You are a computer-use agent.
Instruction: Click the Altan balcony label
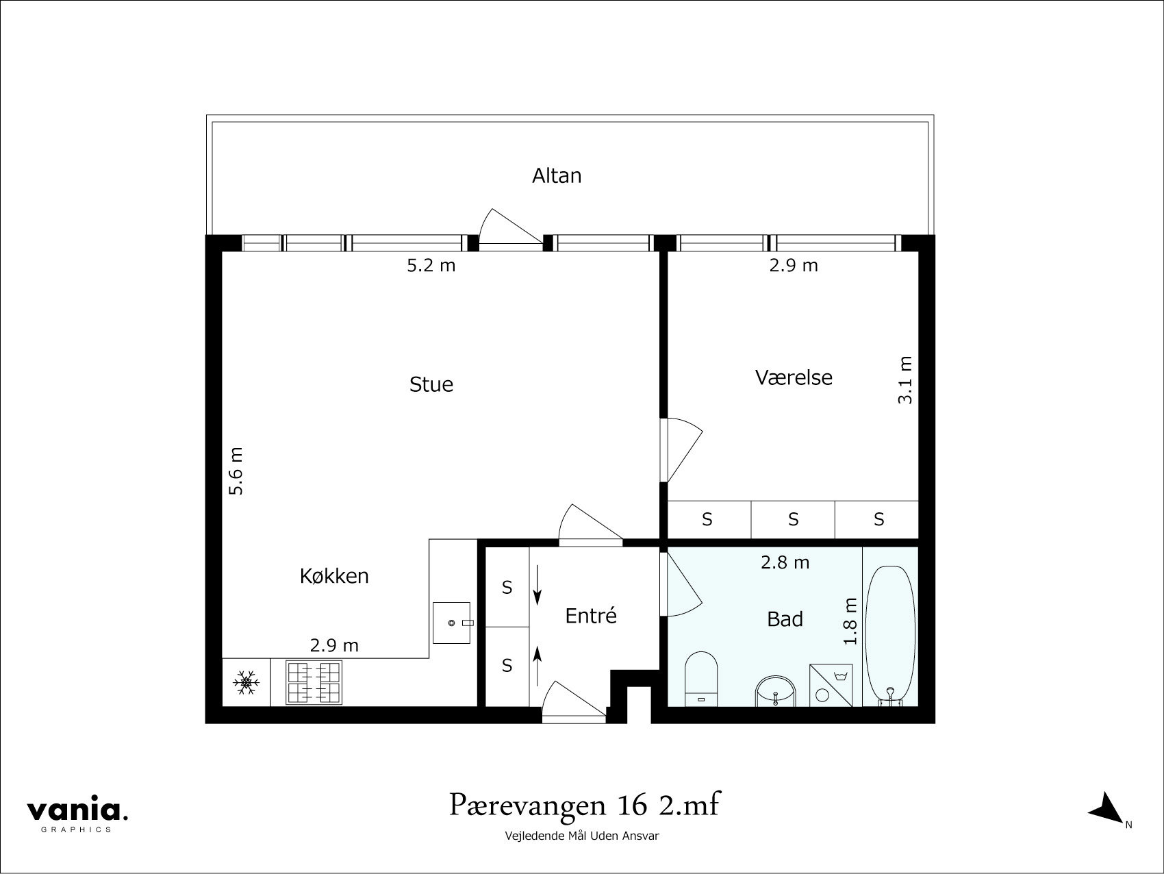557,176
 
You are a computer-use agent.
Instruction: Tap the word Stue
431,384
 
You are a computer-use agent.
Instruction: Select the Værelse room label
794,377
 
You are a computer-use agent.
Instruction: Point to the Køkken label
334,576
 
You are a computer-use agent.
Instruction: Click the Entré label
591,616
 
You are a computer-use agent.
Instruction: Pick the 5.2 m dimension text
431,266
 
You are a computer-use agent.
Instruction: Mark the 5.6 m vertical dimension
236,471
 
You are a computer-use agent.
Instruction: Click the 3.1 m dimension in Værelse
905,379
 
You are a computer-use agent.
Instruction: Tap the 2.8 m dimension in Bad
785,563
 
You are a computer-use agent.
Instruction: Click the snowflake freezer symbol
246,683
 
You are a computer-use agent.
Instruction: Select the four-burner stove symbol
314,682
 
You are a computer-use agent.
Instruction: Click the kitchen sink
452,623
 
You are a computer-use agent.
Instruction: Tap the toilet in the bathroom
701,679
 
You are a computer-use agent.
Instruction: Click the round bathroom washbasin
776,692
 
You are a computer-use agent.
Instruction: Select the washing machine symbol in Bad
831,684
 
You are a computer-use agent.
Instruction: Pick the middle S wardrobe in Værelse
793,520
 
